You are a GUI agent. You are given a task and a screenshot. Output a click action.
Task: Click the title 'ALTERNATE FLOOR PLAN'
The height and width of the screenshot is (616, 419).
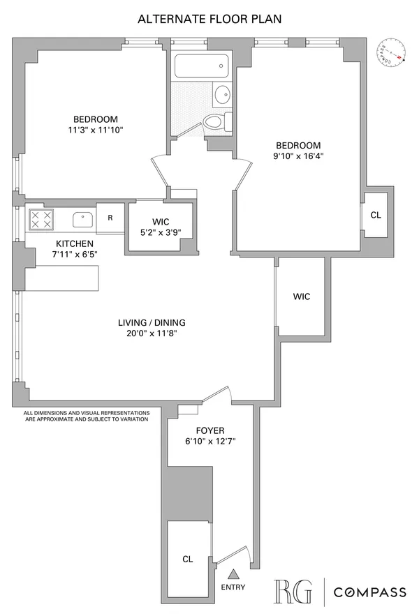[209, 19]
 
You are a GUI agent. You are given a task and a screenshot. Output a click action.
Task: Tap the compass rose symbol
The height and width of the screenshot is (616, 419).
[392, 53]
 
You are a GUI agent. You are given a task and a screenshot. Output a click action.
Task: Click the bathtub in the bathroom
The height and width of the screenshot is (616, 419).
[200, 68]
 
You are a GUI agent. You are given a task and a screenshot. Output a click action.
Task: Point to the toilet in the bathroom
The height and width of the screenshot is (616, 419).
[219, 122]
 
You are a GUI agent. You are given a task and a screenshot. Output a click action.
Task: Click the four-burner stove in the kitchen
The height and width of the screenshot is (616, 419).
[40, 220]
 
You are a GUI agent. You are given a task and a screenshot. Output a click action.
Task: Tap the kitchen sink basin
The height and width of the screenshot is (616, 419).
[83, 220]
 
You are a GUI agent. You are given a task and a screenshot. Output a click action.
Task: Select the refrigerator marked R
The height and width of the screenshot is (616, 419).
[110, 218]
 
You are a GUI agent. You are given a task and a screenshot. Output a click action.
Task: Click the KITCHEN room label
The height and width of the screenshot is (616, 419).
[75, 243]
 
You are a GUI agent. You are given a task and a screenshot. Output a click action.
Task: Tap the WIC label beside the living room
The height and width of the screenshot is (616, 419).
[301, 296]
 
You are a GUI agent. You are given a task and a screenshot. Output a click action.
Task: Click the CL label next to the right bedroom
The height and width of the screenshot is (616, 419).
[376, 215]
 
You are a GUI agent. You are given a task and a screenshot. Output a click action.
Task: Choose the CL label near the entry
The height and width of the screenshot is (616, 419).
[187, 559]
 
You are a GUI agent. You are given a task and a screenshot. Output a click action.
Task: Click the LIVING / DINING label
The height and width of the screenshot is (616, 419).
[151, 322]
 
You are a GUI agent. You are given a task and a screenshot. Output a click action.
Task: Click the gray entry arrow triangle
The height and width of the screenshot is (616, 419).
[235, 574]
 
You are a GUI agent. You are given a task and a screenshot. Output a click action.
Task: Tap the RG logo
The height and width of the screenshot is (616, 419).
[294, 592]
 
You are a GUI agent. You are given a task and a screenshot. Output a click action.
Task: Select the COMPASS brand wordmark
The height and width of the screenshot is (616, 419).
[369, 592]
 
